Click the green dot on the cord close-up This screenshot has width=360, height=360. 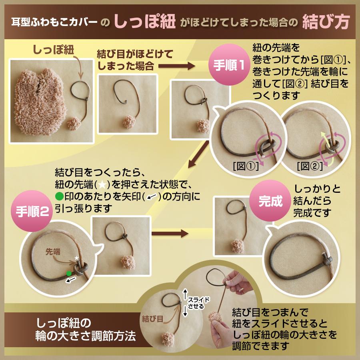pos(69,273)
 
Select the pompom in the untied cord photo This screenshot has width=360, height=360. pos(130,122)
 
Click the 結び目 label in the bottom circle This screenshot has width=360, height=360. pos(152,319)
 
